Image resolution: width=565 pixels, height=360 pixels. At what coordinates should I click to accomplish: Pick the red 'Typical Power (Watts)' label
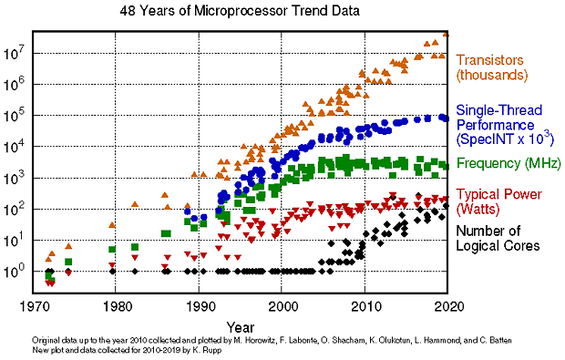coord(502,202)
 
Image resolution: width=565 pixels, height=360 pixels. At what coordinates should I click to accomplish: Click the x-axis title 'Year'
coord(241,325)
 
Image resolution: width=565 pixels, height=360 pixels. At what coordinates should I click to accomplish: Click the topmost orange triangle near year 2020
coord(447,34)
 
